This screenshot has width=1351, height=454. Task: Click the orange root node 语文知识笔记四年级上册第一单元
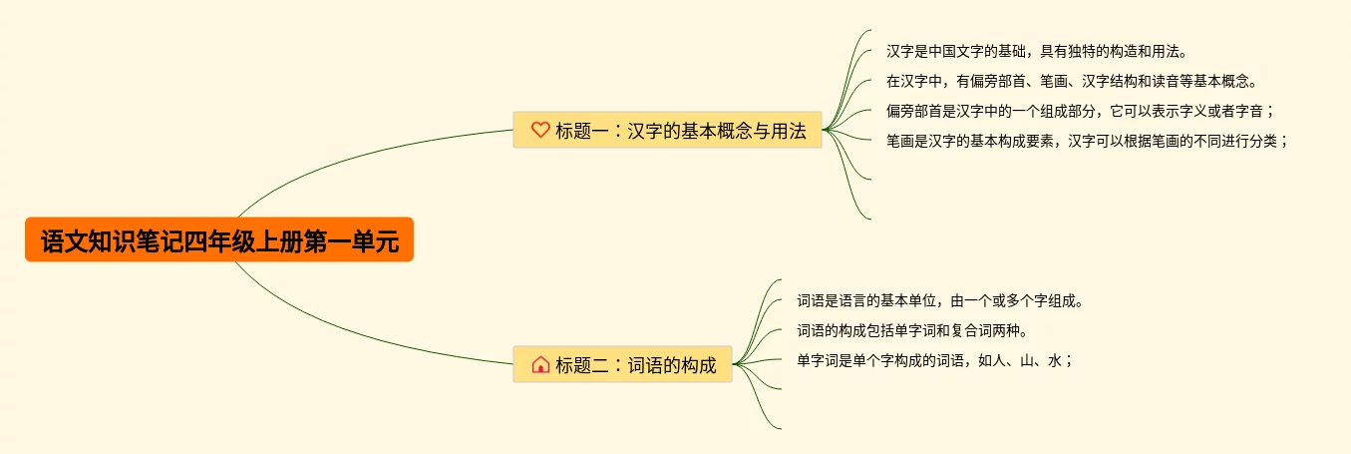coord(219,240)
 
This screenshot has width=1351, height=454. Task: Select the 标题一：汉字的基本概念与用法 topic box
coord(667,130)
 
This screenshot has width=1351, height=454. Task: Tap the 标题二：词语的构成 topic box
coord(622,364)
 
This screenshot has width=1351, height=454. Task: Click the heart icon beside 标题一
coord(540,130)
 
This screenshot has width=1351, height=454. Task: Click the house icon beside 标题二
coord(540,364)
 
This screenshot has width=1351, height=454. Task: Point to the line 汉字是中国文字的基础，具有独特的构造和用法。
coord(1036,51)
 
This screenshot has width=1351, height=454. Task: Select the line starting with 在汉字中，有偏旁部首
coord(1072,81)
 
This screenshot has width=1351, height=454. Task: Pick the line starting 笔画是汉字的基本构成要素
coord(1087,141)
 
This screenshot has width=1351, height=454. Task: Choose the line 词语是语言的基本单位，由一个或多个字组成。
coord(939,300)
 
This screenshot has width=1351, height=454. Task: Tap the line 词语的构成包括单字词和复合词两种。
coord(911,330)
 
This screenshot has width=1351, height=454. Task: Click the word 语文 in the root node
coord(63,241)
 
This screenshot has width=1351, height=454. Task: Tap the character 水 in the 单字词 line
coord(1054,360)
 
